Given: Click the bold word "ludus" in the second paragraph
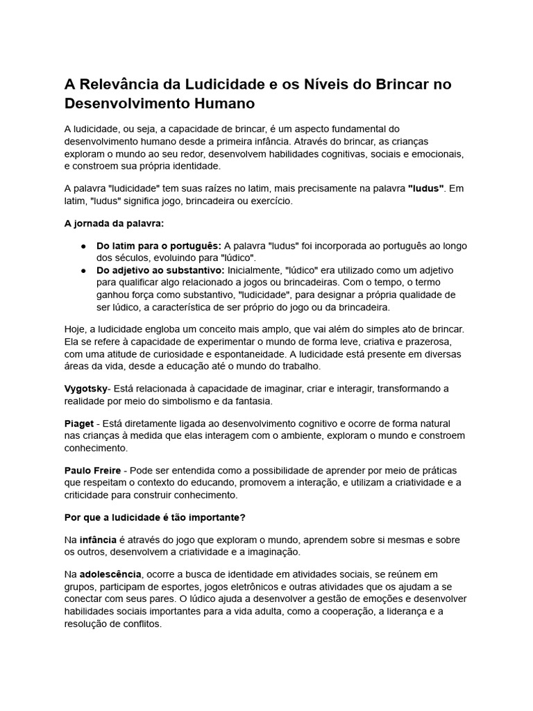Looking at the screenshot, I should pyautogui.click(x=425, y=188).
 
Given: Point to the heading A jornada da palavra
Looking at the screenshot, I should pyautogui.click(x=115, y=224).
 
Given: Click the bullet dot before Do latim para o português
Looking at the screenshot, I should pyautogui.click(x=83, y=246).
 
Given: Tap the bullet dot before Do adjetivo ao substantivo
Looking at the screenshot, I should pyautogui.click(x=83, y=269).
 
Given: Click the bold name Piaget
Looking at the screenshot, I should pyautogui.click(x=79, y=424).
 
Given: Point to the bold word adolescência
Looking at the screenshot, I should pyautogui.click(x=110, y=575).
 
